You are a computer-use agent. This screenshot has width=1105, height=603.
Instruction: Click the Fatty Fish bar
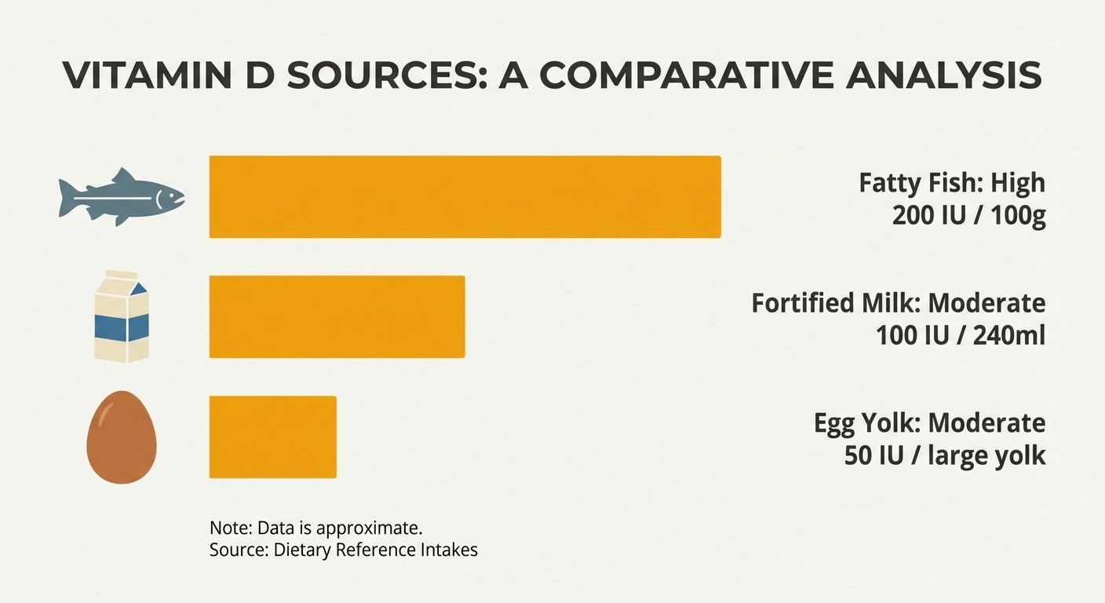tap(465, 196)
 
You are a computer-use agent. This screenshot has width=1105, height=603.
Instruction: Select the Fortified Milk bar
tap(337, 316)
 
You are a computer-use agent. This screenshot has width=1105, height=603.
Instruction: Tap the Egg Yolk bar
tap(272, 437)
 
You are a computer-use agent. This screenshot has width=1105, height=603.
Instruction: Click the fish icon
tap(122, 196)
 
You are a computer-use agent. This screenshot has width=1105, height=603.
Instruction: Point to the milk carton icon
tap(122, 316)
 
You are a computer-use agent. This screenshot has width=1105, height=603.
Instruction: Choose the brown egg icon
tap(121, 437)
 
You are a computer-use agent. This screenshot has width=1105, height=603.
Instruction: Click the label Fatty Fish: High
tap(952, 183)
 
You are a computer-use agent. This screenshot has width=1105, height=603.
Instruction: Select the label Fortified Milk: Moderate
tap(899, 303)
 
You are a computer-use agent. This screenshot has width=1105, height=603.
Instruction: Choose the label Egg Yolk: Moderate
tap(929, 423)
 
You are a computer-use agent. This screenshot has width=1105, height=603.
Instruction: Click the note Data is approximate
tap(321, 527)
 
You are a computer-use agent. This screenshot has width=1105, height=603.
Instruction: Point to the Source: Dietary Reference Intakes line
tap(343, 550)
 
